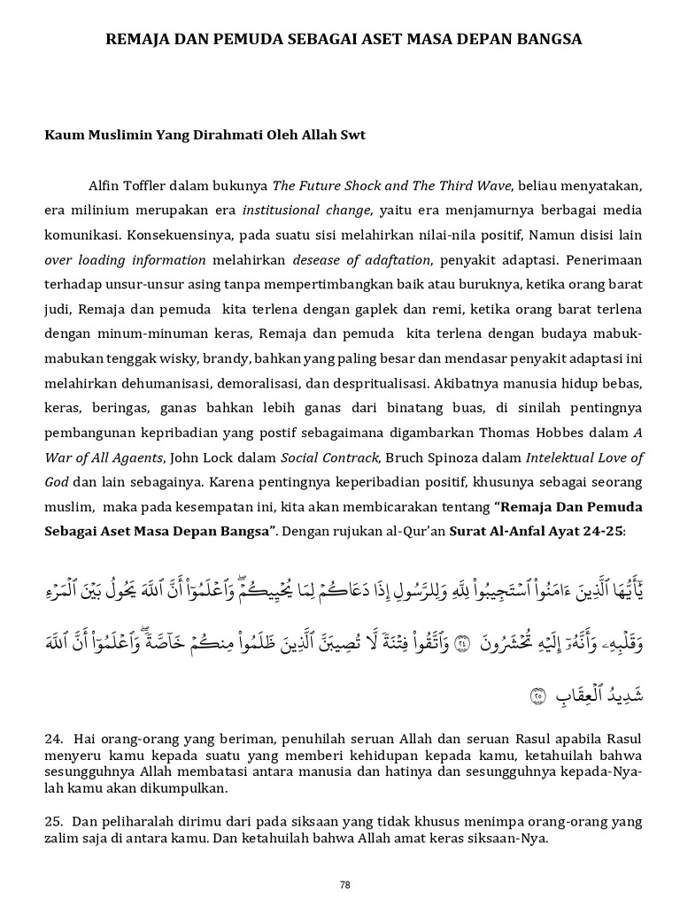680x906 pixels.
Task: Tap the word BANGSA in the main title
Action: coord(546,40)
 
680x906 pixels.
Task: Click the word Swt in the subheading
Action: coord(350,135)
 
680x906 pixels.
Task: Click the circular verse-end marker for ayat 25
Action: coord(537,695)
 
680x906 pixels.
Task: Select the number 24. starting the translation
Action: coord(54,738)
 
